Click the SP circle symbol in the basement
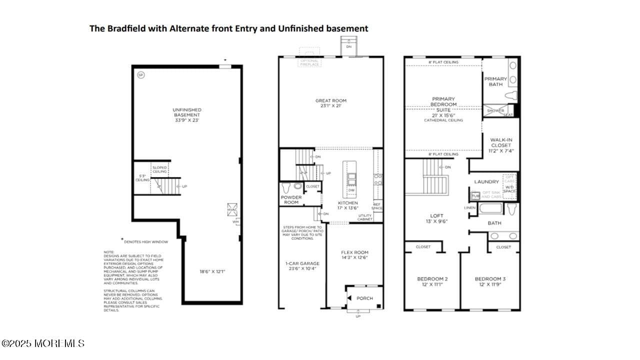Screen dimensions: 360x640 tap(141, 75)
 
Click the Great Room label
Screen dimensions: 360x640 tap(330, 103)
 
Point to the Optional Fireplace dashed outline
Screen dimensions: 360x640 tap(309, 56)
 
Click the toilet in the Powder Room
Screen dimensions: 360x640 tap(286, 188)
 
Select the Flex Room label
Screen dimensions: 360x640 tap(354, 255)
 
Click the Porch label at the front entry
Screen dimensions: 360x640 tap(364, 298)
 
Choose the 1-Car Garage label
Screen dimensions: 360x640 tap(302, 266)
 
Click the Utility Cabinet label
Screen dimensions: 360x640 tap(365, 217)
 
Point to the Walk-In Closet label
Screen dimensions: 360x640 tap(500, 145)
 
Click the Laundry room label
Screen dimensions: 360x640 tap(486, 182)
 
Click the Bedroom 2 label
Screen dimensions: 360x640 tap(432, 281)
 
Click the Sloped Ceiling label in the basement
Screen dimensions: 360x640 tap(159, 169)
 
